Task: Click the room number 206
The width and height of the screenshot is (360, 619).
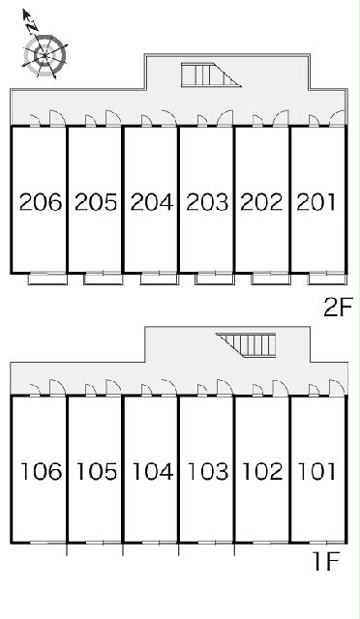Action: click(x=41, y=202)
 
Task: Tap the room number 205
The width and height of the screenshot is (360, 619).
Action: click(x=96, y=202)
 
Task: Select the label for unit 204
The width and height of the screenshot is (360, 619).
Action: click(x=152, y=202)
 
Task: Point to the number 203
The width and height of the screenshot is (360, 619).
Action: click(x=207, y=202)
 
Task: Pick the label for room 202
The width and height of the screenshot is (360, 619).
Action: click(x=261, y=202)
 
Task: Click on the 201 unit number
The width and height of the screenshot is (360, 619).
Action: click(x=316, y=202)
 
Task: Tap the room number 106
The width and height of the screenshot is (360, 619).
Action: click(x=41, y=471)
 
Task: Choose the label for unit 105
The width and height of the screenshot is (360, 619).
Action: click(x=97, y=471)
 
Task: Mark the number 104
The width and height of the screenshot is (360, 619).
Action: click(x=153, y=471)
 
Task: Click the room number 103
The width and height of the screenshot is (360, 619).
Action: click(x=208, y=471)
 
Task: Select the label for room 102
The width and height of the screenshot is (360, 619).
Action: click(x=263, y=471)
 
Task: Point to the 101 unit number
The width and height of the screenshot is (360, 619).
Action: click(x=316, y=471)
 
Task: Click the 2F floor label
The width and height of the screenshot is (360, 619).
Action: click(x=338, y=308)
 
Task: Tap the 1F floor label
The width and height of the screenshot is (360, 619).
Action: click(x=326, y=561)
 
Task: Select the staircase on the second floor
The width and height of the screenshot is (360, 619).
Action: click(x=211, y=74)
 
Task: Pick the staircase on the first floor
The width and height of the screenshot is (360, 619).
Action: click(x=246, y=345)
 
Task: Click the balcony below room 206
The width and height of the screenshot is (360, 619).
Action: click(x=47, y=279)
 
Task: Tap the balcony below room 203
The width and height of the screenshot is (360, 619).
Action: click(x=215, y=279)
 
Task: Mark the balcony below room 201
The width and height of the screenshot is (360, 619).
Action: click(x=328, y=279)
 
